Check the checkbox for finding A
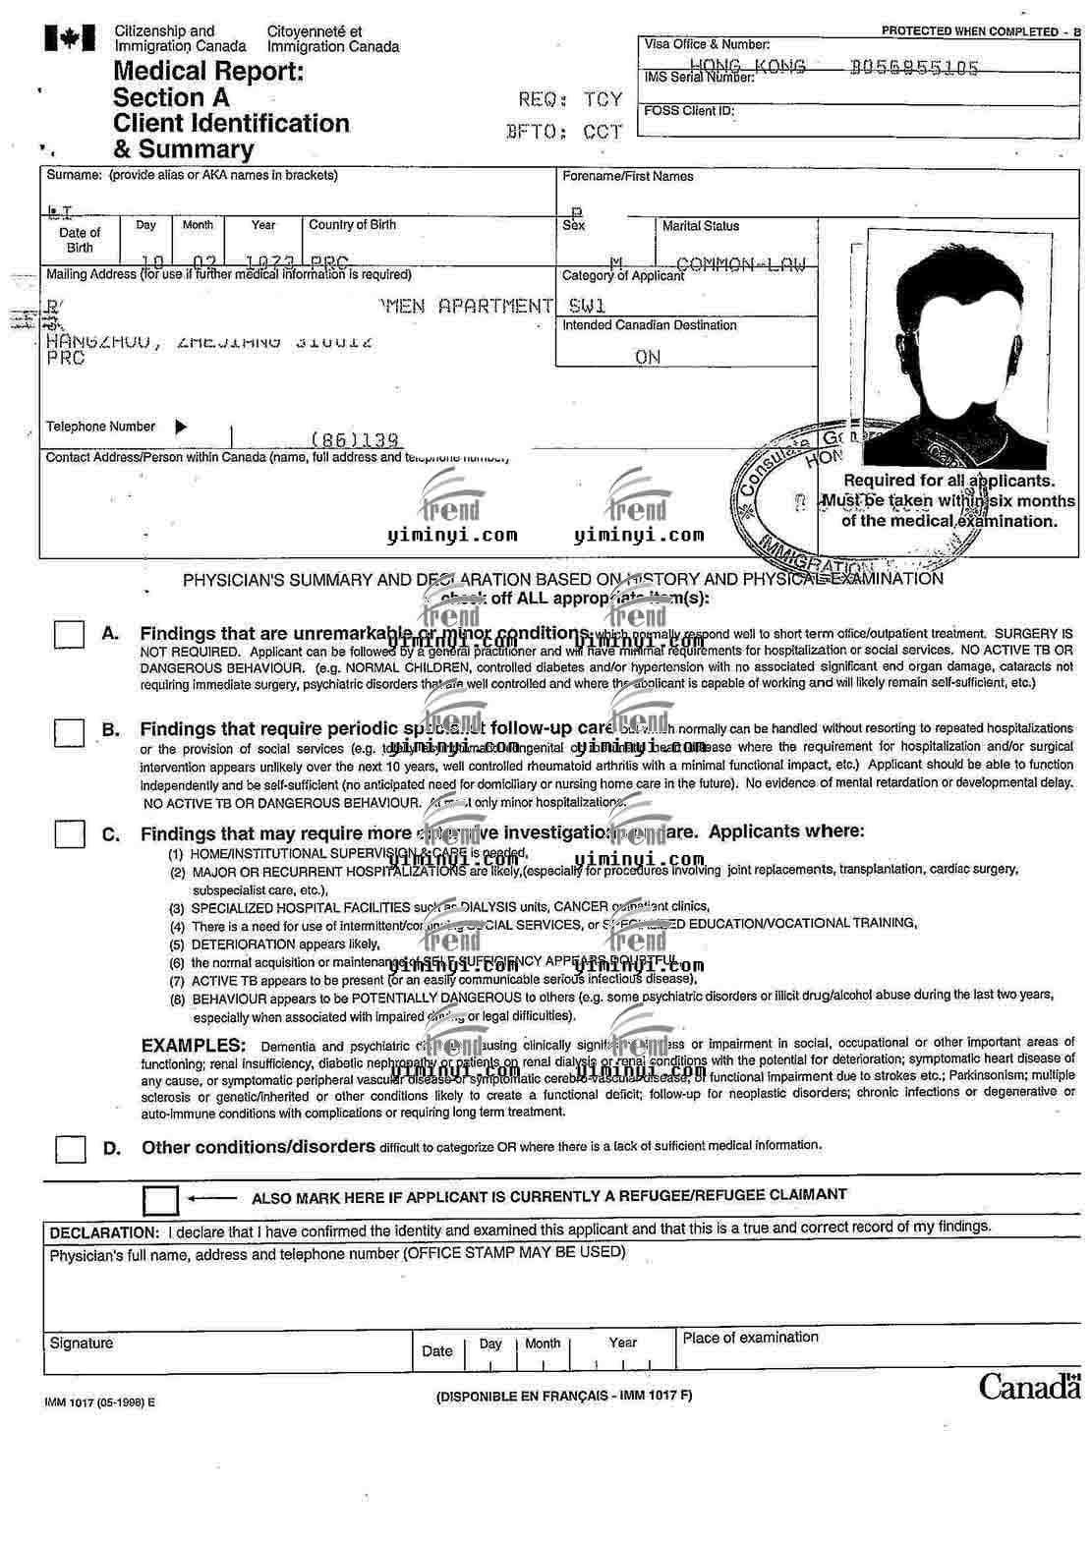tap(69, 634)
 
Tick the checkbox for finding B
tap(69, 731)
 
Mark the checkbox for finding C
tap(69, 834)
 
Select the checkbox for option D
tap(70, 1149)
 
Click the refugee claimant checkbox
tap(160, 1200)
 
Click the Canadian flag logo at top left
tap(69, 38)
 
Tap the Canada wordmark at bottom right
tap(1029, 1387)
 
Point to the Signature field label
tap(82, 1343)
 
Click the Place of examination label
tap(750, 1337)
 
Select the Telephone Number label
tap(100, 427)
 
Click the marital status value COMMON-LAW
tap(741, 263)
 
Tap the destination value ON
tap(648, 357)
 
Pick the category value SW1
tap(587, 306)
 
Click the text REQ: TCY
tap(570, 99)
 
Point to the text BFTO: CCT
tap(564, 131)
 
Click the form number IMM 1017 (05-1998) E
tap(99, 1402)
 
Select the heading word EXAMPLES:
tap(194, 1045)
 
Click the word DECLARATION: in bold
tap(104, 1232)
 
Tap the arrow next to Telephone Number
tap(181, 427)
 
